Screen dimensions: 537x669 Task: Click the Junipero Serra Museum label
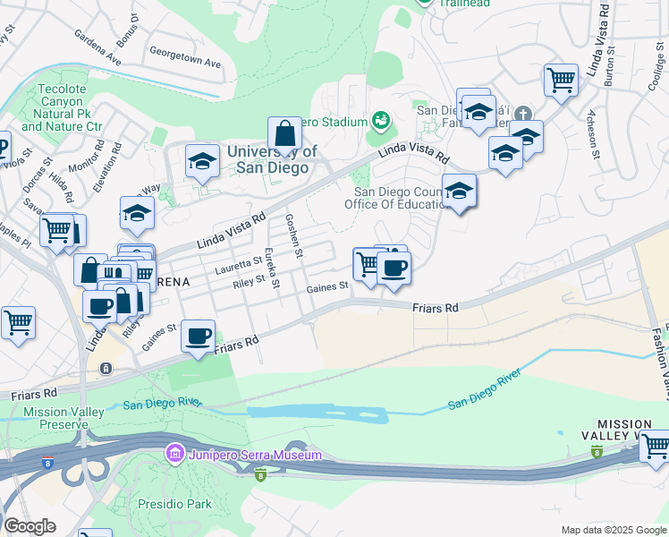click(x=253, y=456)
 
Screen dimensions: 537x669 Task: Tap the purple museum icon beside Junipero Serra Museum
click(x=174, y=456)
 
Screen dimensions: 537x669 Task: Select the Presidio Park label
click(x=174, y=504)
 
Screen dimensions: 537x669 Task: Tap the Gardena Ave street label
click(x=99, y=57)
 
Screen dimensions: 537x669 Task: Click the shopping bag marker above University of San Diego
click(x=284, y=135)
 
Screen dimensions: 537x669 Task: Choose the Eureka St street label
click(x=270, y=268)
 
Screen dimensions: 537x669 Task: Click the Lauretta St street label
click(x=238, y=266)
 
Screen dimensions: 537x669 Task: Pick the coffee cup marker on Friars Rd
click(x=198, y=336)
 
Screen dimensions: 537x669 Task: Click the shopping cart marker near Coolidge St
click(x=561, y=80)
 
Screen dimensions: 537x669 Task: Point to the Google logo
click(x=30, y=526)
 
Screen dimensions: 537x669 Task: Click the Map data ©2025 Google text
click(x=613, y=530)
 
